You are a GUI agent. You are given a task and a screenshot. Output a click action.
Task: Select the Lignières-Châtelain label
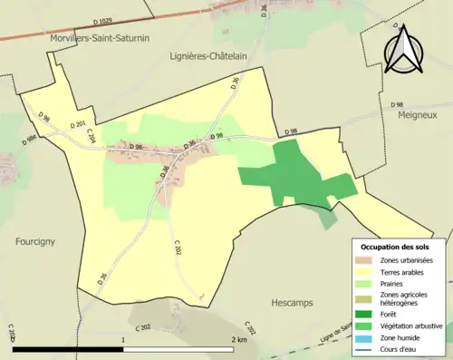[211, 55]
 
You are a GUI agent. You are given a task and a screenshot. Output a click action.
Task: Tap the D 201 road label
[77, 124]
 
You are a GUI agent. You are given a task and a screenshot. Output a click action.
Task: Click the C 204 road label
[91, 135]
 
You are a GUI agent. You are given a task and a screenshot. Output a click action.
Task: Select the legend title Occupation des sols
[397, 247]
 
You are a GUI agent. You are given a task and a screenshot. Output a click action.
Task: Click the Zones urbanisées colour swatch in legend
[365, 260]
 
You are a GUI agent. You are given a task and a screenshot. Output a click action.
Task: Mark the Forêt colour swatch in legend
[365, 314]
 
